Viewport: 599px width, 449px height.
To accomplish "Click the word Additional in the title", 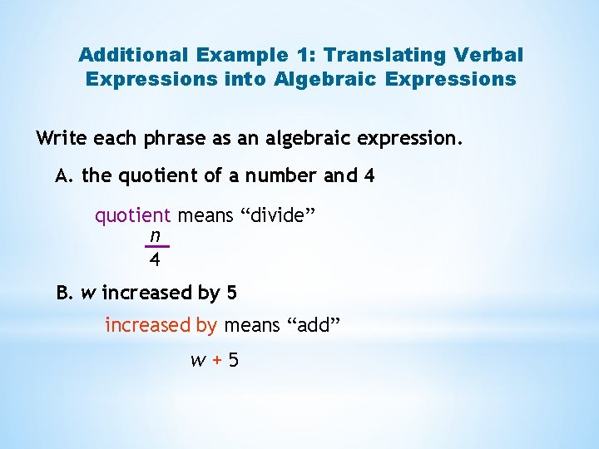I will click(133, 55).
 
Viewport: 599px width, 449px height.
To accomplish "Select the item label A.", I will click(65, 176).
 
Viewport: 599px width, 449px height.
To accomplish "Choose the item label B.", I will click(65, 294).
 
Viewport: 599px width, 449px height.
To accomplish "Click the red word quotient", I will click(132, 217).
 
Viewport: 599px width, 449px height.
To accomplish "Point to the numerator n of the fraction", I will click(155, 235).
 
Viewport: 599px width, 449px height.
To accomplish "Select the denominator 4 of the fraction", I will click(155, 260).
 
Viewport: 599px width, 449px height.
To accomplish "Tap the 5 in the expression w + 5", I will click(233, 361).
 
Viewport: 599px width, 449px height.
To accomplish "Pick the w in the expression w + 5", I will click(198, 362).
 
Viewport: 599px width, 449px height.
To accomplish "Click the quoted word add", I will click(314, 325).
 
